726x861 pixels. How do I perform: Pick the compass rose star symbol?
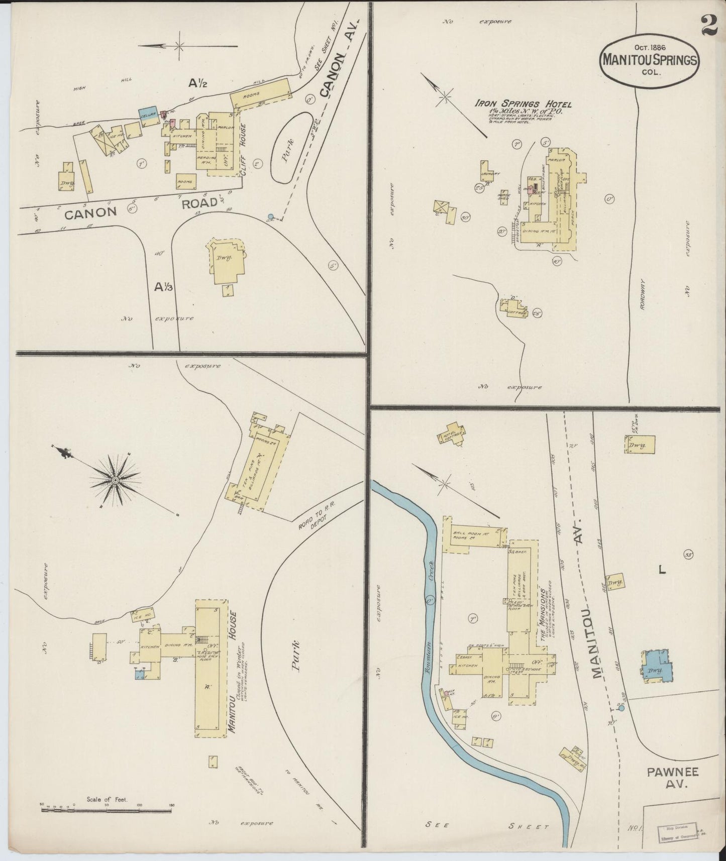(115, 481)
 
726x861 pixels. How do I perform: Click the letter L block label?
(662, 570)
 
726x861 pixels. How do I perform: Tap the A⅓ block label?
(163, 287)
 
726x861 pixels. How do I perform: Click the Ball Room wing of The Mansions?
(473, 535)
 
